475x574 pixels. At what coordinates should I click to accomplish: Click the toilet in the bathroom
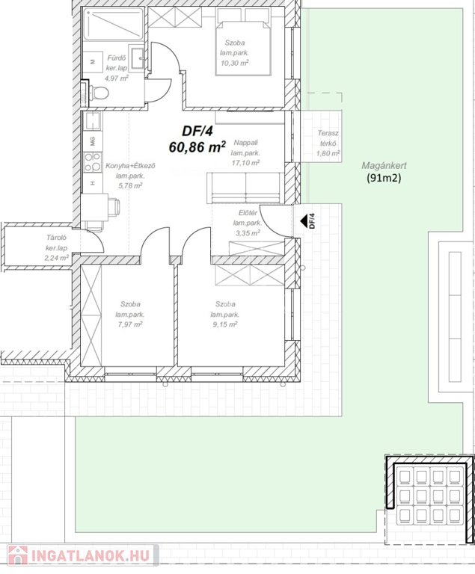tap(96, 93)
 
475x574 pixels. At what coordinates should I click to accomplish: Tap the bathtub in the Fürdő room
tap(113, 24)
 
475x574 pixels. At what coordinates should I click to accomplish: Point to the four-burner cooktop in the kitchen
tap(92, 161)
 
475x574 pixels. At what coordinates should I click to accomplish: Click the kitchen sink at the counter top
tap(92, 122)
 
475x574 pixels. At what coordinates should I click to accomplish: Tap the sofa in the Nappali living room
tap(245, 188)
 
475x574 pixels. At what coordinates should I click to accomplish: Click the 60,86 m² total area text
tap(197, 147)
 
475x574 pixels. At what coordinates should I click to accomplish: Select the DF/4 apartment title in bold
tap(197, 131)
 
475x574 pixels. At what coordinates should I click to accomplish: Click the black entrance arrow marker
tap(303, 221)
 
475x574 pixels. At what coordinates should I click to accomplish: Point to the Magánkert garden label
tap(384, 165)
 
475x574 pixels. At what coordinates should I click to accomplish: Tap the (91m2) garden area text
tap(384, 179)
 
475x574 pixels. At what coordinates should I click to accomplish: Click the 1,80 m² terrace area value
tap(328, 154)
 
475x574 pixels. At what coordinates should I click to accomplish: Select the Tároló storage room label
tap(56, 238)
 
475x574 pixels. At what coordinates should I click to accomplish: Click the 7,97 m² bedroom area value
tap(130, 324)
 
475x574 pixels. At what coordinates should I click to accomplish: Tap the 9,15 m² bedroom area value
tap(225, 324)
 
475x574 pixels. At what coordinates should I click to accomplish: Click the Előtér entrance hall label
tap(248, 213)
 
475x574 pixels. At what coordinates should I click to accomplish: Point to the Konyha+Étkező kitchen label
tap(130, 166)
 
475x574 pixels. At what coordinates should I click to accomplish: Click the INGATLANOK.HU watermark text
tap(91, 556)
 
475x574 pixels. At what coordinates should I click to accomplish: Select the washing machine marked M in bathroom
tap(92, 62)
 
